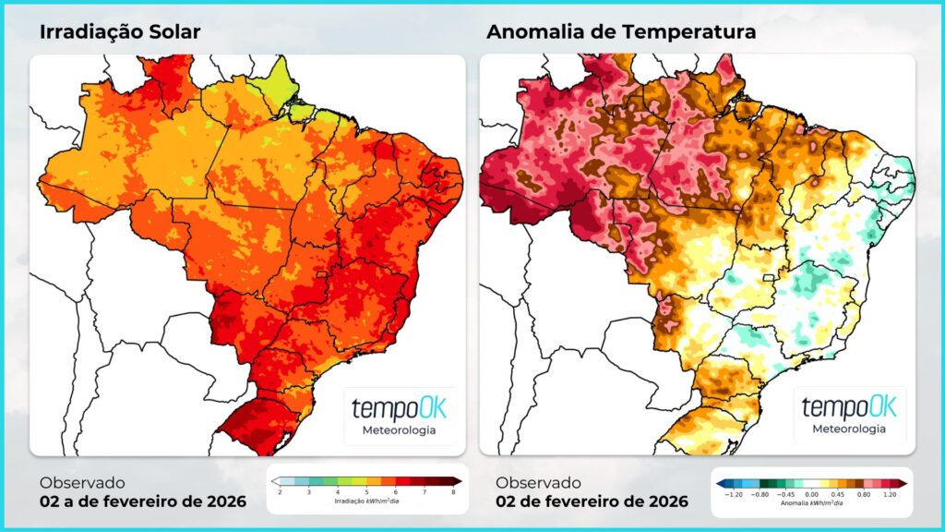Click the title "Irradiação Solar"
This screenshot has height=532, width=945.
[120, 32]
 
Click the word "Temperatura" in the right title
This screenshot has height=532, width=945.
[689, 32]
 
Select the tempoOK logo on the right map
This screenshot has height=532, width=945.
[849, 407]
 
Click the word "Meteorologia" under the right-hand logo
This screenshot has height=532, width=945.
[849, 429]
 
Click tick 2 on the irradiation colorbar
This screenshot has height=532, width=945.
[281, 493]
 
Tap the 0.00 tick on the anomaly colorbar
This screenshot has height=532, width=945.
[812, 494]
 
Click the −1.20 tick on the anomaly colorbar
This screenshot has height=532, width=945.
[732, 494]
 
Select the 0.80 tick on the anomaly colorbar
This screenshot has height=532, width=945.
[866, 494]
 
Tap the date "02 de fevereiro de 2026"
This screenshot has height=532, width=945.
[592, 502]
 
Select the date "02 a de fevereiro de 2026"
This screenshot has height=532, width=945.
[143, 502]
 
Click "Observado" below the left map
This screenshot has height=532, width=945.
[82, 482]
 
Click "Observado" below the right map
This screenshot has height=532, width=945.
[538, 482]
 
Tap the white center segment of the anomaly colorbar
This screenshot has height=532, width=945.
[812, 483]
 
